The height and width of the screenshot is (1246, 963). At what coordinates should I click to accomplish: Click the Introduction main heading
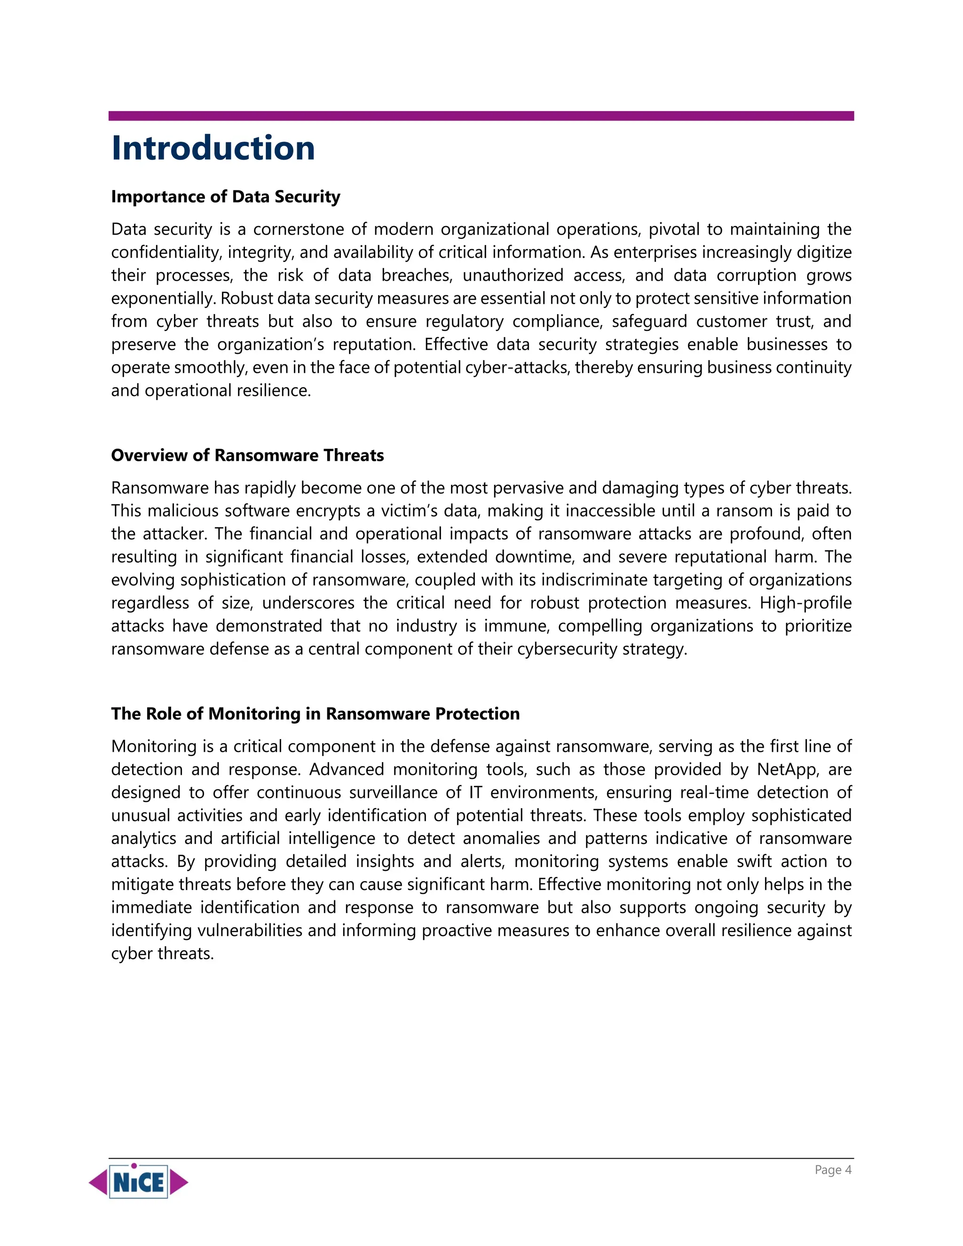[213, 148]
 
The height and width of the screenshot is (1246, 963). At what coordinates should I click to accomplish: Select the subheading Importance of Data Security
[225, 197]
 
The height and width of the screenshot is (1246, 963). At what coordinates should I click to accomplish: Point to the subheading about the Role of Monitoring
[315, 714]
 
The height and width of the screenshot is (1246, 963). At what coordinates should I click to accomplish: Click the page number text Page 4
[832, 1169]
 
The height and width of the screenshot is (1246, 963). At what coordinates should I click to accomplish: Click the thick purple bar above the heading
[481, 116]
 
